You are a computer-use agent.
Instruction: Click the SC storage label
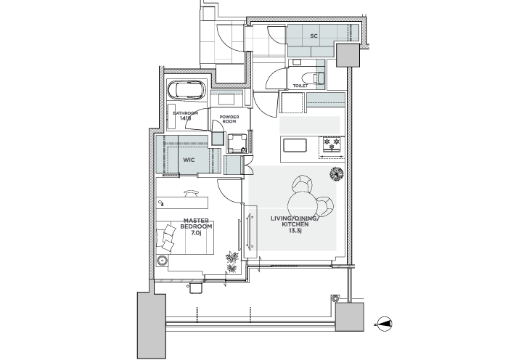pos(314,36)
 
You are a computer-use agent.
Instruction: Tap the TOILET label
pos(300,86)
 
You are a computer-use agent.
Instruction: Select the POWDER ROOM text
pos(229,119)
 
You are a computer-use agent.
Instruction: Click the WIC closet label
pos(189,160)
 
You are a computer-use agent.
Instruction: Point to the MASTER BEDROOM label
pos(196,224)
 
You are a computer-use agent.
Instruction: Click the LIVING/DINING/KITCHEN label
pos(295,221)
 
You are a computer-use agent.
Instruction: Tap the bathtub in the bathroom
pos(187,89)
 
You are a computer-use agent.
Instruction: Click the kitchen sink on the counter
pos(295,145)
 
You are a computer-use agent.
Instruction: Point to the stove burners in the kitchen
pos(332,144)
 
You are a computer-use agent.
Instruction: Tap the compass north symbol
pos(385,324)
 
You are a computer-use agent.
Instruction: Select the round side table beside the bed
pos(162,261)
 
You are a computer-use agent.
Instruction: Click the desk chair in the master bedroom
pos(191,194)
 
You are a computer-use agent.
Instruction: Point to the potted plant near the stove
pos(336,174)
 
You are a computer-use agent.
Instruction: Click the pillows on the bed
pos(168,238)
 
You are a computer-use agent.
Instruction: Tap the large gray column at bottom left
pos(151,325)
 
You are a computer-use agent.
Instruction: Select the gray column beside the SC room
pos(348,55)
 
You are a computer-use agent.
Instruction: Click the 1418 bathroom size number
pos(185,118)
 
